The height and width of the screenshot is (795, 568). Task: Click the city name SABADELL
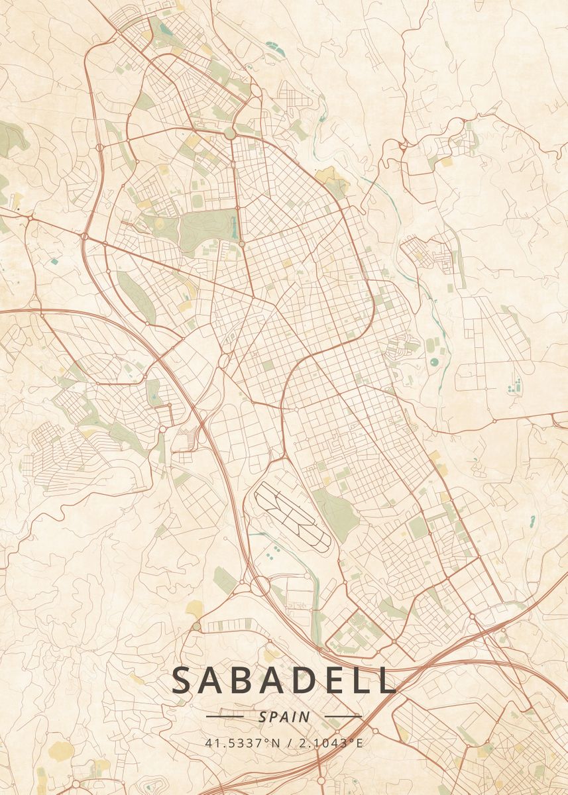click(x=284, y=680)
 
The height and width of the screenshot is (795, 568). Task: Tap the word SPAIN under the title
click(x=284, y=717)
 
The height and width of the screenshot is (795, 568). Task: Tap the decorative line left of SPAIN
click(x=225, y=716)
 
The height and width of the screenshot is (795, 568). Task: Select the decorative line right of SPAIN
click(x=344, y=716)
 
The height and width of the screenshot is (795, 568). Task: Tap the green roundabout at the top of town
click(x=229, y=134)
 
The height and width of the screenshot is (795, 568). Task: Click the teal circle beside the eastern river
click(x=435, y=362)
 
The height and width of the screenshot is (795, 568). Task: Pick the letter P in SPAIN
click(x=274, y=717)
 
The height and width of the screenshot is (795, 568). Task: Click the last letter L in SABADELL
click(x=382, y=680)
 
